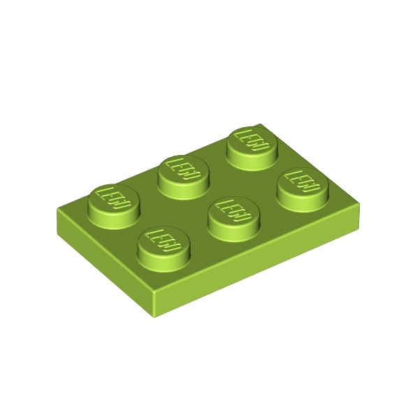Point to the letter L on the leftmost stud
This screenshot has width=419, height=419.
click(x=103, y=191)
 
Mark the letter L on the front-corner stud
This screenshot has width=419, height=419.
click(x=153, y=234)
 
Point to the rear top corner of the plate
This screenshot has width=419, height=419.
click(x=260, y=124)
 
